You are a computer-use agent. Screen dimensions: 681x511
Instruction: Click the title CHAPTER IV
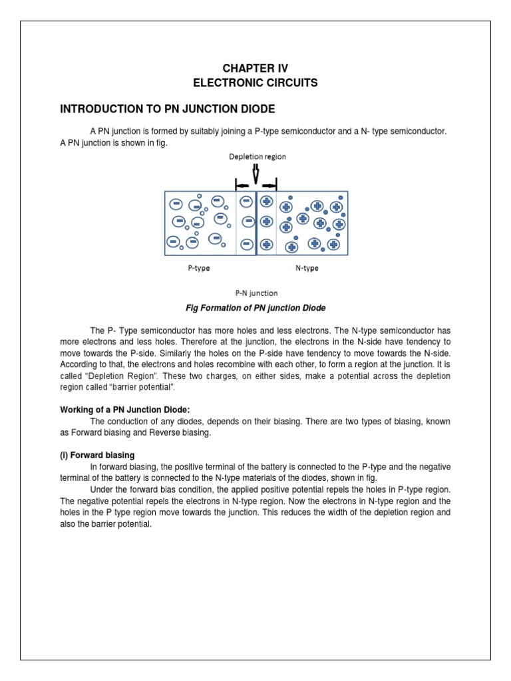[255, 68]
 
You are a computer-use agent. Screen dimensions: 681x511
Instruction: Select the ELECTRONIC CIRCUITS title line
[255, 83]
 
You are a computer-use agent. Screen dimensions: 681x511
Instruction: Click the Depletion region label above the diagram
[257, 157]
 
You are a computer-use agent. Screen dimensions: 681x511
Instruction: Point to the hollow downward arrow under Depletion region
[256, 174]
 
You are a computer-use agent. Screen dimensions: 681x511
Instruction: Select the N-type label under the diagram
[307, 269]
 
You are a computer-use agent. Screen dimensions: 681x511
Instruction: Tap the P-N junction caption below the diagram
[256, 293]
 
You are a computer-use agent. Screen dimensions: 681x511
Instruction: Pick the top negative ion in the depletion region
[246, 201]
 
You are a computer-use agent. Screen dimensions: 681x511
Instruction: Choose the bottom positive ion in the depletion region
[267, 244]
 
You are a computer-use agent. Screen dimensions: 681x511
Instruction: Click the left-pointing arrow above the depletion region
[242, 187]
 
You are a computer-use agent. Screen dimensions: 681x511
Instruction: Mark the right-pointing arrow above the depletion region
[269, 187]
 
